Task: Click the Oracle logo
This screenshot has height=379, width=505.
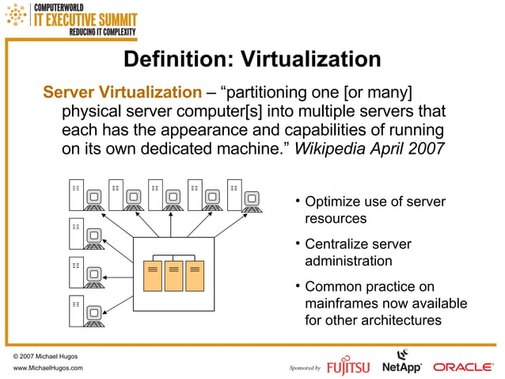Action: coord(463,367)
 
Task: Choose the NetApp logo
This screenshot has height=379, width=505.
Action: coord(401,364)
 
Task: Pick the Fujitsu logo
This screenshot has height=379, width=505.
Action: coord(349,366)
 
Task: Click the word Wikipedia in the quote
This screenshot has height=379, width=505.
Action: coord(328,147)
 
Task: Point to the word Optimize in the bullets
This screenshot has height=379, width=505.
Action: coord(332,202)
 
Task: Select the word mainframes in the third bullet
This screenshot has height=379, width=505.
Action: coord(341,304)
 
